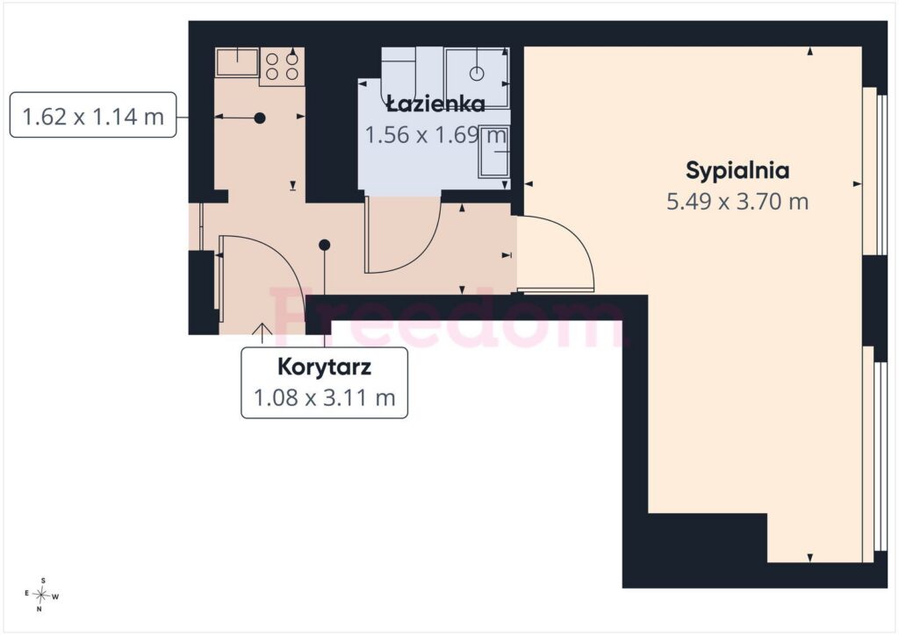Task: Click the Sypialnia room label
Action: (737, 171)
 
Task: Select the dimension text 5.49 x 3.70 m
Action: (737, 202)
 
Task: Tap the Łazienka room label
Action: (435, 103)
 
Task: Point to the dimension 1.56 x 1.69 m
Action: (435, 135)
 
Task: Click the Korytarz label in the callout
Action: (325, 367)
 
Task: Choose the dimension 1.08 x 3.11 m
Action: (325, 397)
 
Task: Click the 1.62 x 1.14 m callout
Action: (93, 116)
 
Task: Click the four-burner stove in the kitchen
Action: (282, 67)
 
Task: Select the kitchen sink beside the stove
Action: (237, 62)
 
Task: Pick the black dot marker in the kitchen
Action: (260, 118)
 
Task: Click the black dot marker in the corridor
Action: (325, 245)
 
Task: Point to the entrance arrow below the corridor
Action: (263, 332)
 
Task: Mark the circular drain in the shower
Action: (477, 74)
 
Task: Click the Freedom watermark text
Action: (447, 318)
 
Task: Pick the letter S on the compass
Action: (44, 580)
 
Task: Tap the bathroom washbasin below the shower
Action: (494, 150)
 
